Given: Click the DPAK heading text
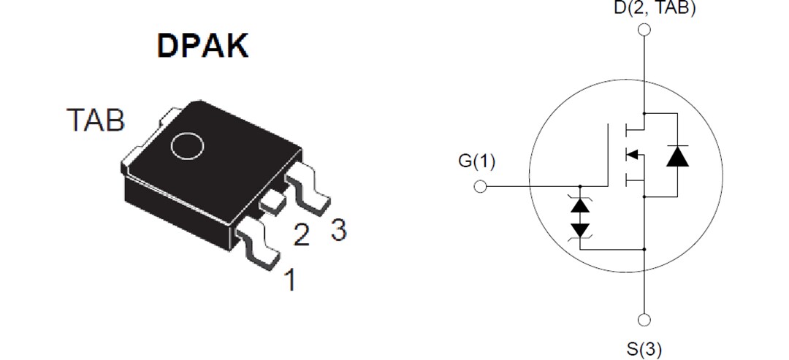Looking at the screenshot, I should (202, 45).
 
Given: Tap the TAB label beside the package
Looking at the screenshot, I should (96, 120).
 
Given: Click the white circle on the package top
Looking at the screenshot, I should (187, 145).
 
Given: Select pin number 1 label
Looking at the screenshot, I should (290, 280).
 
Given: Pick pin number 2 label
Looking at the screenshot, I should (301, 234).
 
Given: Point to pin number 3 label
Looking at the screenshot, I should (338, 229).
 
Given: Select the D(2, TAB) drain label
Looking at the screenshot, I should (644, 9).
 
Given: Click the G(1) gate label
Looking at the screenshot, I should (476, 161).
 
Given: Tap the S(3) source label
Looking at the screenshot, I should (644, 349).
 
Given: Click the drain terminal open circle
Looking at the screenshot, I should (644, 30).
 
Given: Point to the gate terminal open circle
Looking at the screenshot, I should (480, 187).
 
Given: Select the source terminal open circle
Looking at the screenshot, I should (644, 320).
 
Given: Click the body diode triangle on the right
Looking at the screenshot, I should (677, 156).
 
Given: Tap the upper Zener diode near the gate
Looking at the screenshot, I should (581, 205).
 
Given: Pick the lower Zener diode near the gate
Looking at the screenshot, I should (581, 229).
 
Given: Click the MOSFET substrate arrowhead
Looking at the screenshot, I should (633, 154).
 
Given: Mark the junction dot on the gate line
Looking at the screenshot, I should (581, 186).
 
